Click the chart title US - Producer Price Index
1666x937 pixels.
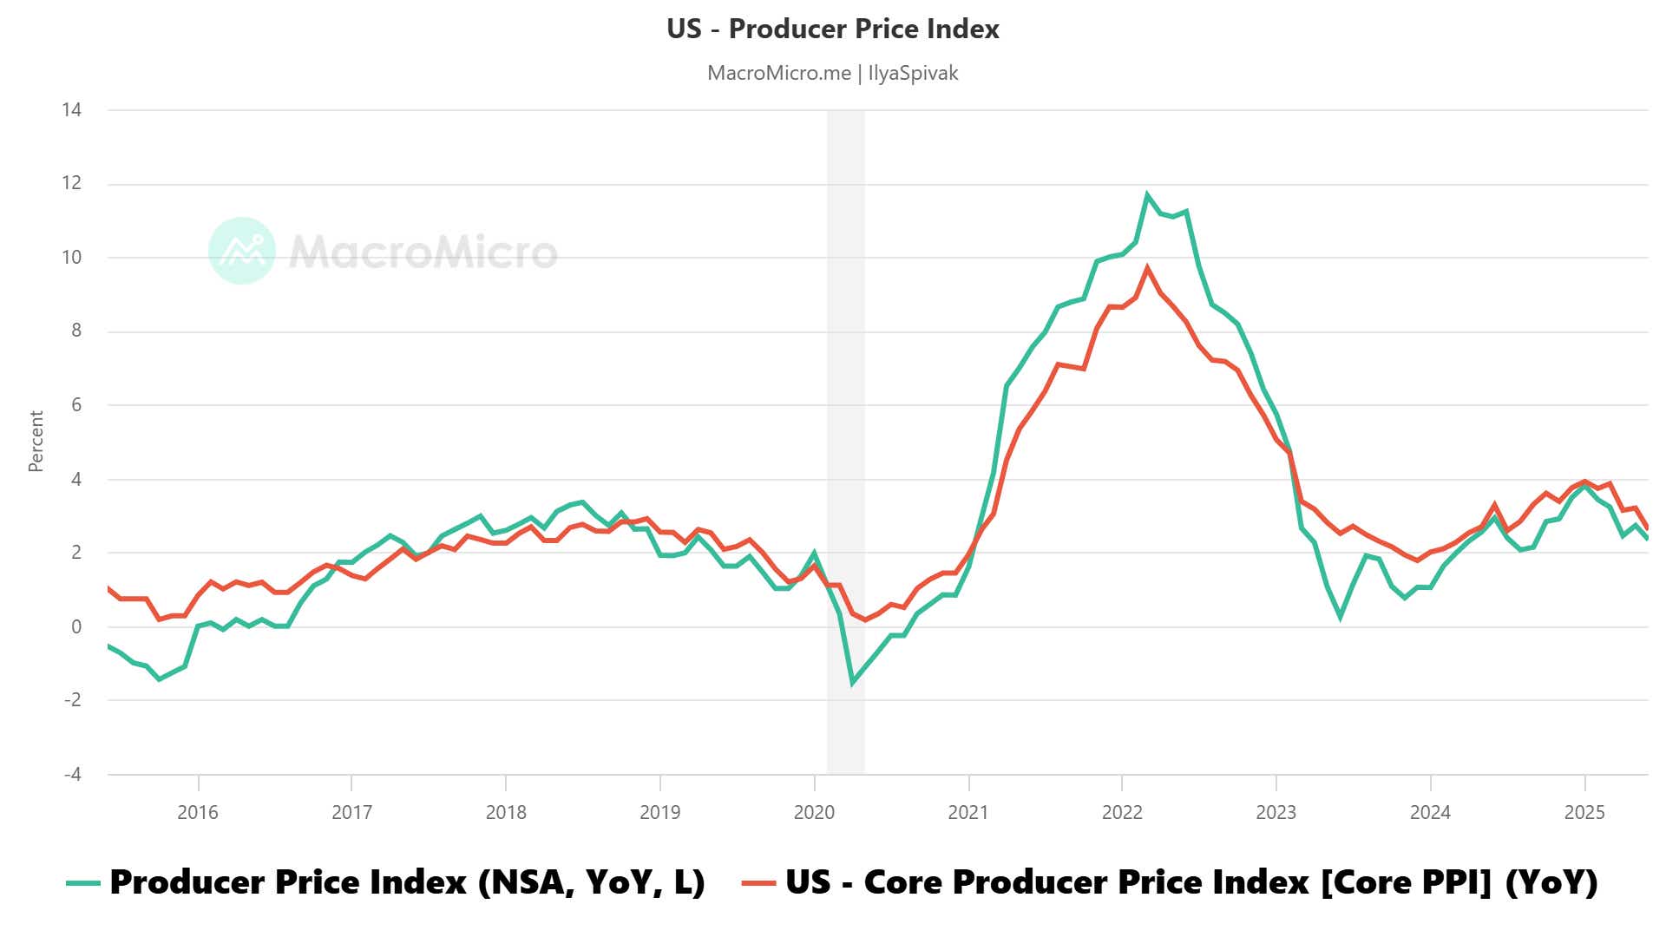click(x=832, y=29)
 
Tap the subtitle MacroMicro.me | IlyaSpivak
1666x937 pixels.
click(x=832, y=73)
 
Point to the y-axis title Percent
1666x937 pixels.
click(x=36, y=441)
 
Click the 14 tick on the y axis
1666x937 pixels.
click(x=71, y=109)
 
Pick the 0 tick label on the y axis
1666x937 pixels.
click(x=76, y=626)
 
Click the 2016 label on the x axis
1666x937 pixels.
click(x=198, y=812)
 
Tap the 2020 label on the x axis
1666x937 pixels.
click(x=814, y=812)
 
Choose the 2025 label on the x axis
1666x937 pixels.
click(x=1584, y=812)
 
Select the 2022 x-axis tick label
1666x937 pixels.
click(x=1122, y=812)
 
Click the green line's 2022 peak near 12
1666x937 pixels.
click(x=1147, y=194)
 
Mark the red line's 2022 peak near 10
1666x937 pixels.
click(x=1147, y=268)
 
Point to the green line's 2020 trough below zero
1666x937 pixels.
click(x=852, y=683)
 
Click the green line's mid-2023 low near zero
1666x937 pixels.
click(x=1341, y=617)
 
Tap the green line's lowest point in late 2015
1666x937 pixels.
click(x=159, y=678)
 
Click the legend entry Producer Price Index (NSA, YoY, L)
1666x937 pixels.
click(x=386, y=882)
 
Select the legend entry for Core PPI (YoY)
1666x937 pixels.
click(x=1170, y=882)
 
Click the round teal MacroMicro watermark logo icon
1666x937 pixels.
click(x=242, y=251)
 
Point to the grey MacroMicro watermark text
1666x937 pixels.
click(x=423, y=252)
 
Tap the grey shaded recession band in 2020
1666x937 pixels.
click(x=845, y=434)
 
